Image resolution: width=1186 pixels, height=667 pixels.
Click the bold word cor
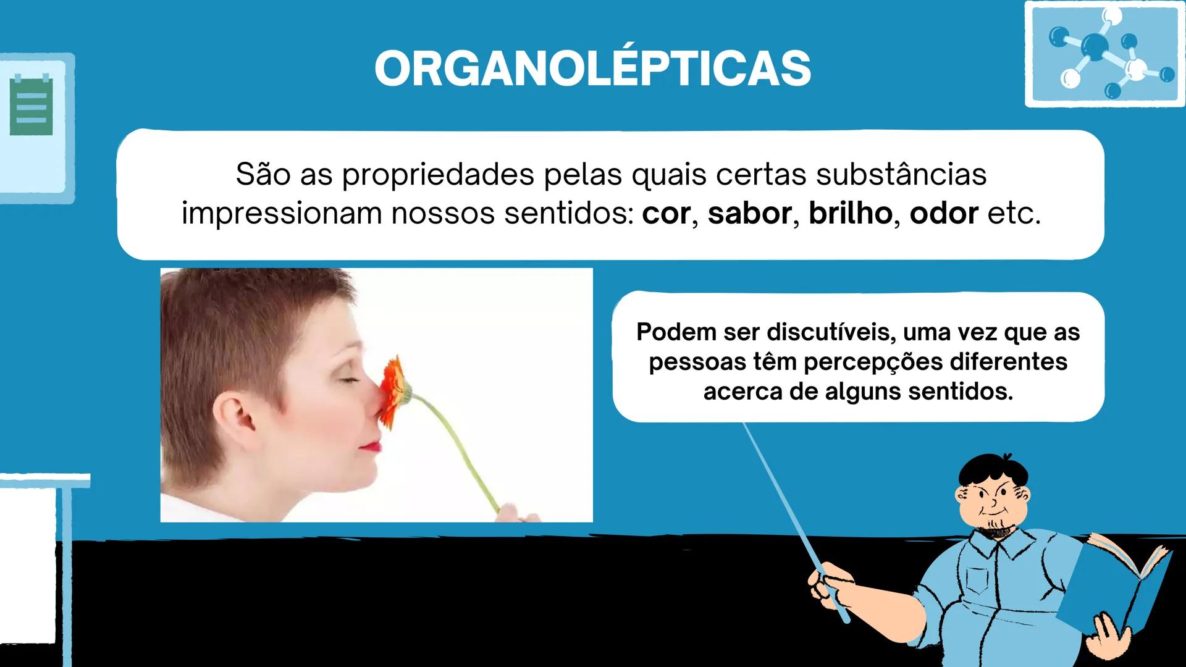[x=666, y=214]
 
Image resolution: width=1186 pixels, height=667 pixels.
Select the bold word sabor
[x=749, y=214]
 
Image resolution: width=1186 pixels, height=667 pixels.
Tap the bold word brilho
[x=850, y=214]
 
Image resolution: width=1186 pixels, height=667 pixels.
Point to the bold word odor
[x=943, y=214]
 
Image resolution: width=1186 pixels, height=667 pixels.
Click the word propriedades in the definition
[x=438, y=175]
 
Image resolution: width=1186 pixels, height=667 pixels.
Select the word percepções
[x=873, y=362]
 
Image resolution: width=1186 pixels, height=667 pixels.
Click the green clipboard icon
[x=31, y=106]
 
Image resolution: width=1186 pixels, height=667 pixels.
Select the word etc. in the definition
[x=1014, y=214]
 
